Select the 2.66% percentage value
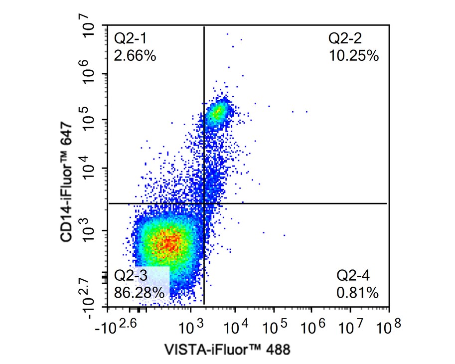tap(135, 55)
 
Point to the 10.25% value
tap(354, 55)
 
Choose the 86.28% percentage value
tap(139, 292)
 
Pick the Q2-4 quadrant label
tap(353, 275)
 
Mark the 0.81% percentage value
tap(357, 292)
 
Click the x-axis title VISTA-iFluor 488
tap(227, 349)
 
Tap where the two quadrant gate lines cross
tap(204, 203)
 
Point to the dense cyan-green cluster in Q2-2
tap(218, 111)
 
